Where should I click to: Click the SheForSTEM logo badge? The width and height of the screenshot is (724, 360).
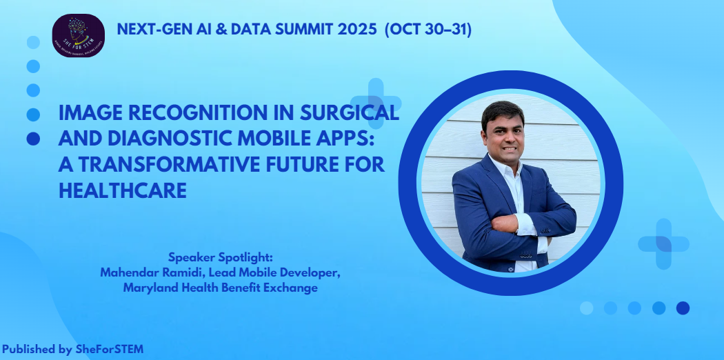click(79, 35)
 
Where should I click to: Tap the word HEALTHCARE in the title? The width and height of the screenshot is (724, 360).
click(123, 190)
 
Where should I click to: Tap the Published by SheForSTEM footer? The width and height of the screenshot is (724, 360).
click(72, 349)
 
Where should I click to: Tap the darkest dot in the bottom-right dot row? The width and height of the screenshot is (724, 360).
click(683, 308)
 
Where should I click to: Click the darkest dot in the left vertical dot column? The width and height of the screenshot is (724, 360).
click(33, 139)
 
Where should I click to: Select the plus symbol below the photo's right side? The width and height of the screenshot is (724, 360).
click(663, 243)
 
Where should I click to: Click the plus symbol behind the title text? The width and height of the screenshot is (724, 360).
click(376, 103)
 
